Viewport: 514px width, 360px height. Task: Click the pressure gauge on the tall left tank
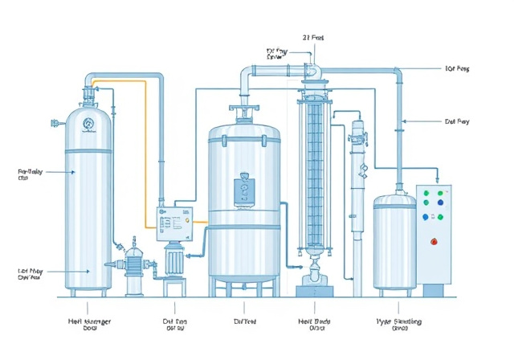(87, 122)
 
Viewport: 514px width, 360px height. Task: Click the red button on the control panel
(434, 239)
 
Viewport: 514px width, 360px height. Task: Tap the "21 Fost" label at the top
(313, 38)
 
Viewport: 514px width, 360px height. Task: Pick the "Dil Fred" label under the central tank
(244, 321)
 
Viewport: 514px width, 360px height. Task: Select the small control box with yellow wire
(174, 223)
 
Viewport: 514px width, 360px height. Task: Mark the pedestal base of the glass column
(313, 281)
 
